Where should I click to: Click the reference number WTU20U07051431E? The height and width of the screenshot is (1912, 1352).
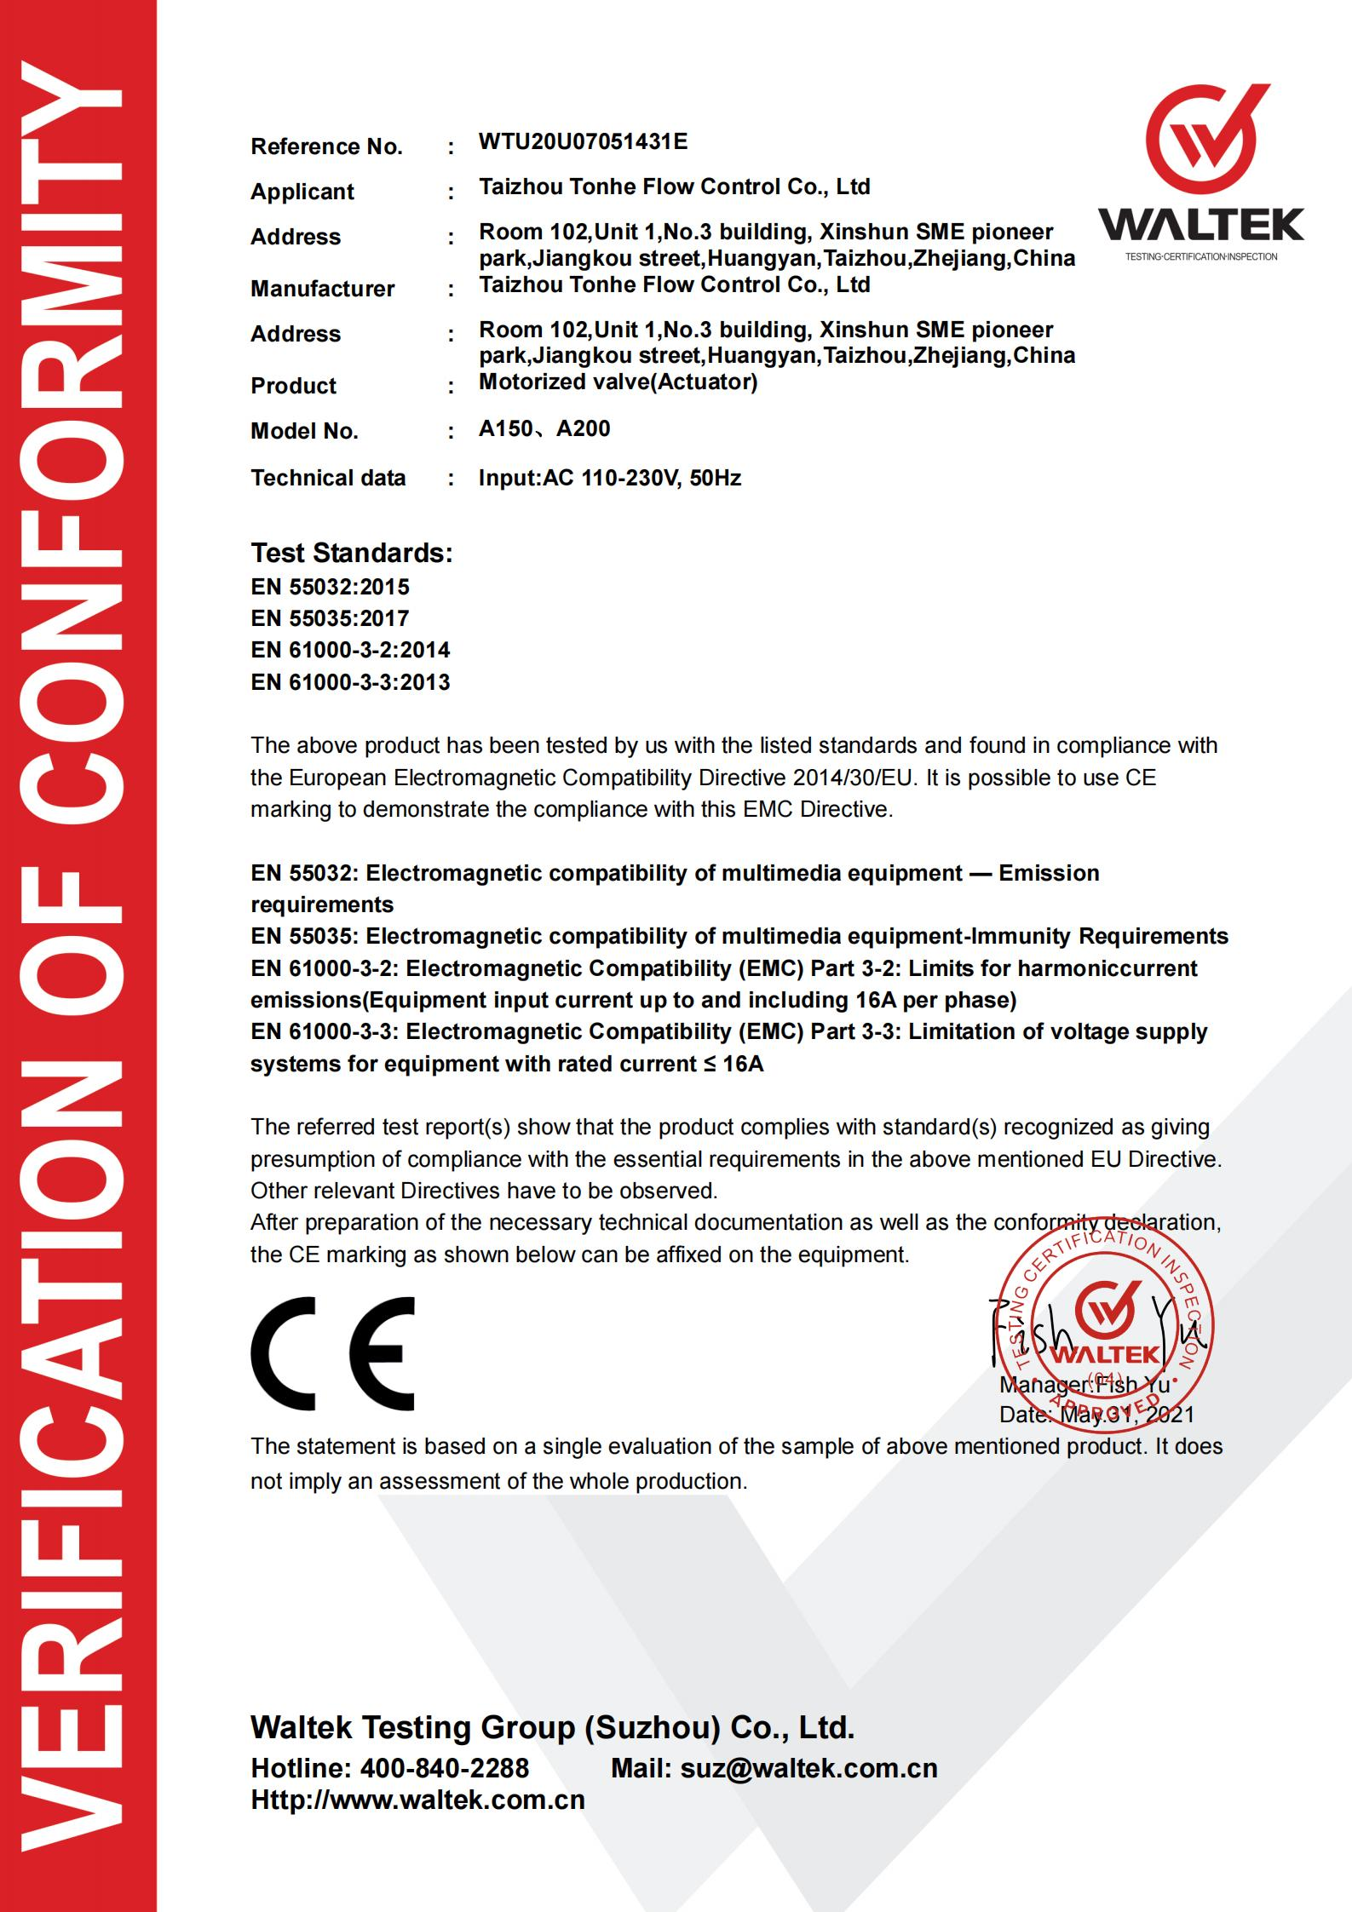(x=583, y=142)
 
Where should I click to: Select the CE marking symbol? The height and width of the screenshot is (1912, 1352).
(x=332, y=1353)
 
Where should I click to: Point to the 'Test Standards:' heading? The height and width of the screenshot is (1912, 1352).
(x=351, y=553)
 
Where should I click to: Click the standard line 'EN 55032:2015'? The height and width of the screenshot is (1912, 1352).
(x=330, y=587)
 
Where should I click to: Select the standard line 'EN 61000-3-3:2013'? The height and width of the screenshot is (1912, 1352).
(x=350, y=682)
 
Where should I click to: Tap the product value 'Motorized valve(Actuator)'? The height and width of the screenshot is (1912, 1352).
(x=618, y=382)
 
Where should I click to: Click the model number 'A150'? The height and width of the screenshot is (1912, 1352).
(x=506, y=428)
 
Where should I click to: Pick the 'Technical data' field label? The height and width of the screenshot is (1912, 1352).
(x=328, y=478)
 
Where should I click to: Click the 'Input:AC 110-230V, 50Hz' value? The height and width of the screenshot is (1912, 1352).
(x=609, y=478)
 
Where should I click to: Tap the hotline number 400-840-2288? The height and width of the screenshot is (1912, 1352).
(x=444, y=1768)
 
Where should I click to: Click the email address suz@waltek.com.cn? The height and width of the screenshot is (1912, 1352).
(x=808, y=1768)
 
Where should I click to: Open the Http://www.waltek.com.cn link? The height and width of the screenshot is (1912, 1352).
(x=417, y=1800)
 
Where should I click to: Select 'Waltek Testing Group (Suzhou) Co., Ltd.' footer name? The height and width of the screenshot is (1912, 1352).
(x=552, y=1726)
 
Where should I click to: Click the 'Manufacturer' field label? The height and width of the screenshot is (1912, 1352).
(x=322, y=289)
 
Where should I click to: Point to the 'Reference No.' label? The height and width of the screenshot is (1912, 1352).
(x=326, y=147)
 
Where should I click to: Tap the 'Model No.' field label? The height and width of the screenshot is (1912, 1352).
(x=304, y=431)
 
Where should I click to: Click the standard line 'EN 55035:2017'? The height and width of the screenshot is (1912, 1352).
(x=330, y=618)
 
